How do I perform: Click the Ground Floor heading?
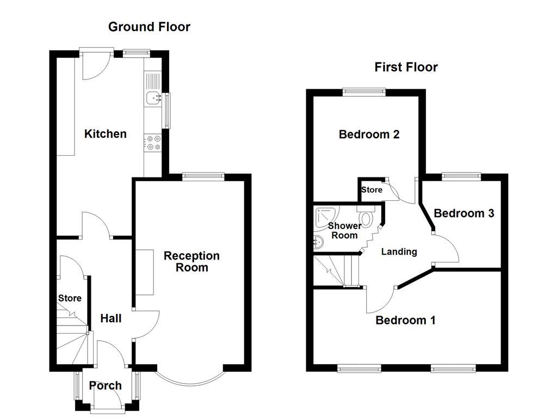pyautogui.click(x=149, y=27)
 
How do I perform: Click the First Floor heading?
pyautogui.click(x=406, y=67)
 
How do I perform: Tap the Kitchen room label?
pyautogui.click(x=105, y=134)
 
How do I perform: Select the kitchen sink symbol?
pyautogui.click(x=153, y=99)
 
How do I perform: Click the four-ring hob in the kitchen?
pyautogui.click(x=153, y=143)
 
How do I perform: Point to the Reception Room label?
pyautogui.click(x=191, y=261)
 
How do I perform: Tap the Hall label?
pyautogui.click(x=110, y=319)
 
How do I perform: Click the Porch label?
pyautogui.click(x=106, y=386)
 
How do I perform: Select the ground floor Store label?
pyautogui.click(x=70, y=298)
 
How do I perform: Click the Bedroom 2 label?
pyautogui.click(x=369, y=134)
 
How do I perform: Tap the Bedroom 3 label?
pyautogui.click(x=463, y=213)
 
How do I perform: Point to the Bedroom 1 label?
pyautogui.click(x=405, y=320)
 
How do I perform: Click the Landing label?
pyautogui.click(x=399, y=251)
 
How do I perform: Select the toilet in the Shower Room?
pyautogui.click(x=366, y=218)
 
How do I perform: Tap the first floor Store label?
pyautogui.click(x=372, y=190)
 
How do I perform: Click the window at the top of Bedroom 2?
pyautogui.click(x=364, y=92)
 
